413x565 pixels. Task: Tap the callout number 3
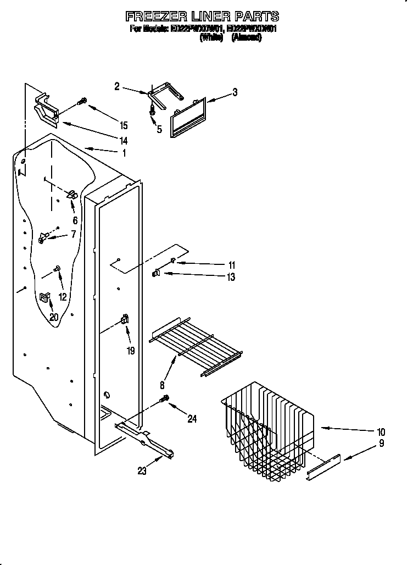tap(235, 92)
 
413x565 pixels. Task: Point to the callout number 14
tap(124, 141)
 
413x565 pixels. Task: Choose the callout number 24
tap(192, 419)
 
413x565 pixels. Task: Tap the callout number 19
tap(131, 351)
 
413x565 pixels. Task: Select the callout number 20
tap(54, 317)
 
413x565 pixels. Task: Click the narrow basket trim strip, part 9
tap(323, 467)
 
